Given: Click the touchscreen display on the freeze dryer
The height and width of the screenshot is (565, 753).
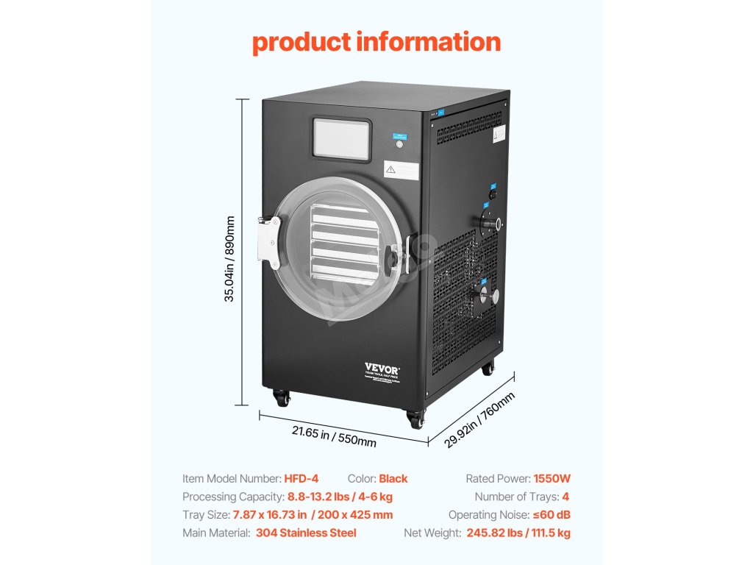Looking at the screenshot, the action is pyautogui.click(x=340, y=139).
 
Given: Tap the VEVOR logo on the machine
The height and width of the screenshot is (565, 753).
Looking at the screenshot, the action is pyautogui.click(x=380, y=368).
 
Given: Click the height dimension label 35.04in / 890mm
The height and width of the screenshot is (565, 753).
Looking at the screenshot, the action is pyautogui.click(x=230, y=259).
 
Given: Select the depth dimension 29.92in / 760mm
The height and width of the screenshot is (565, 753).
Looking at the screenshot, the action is pyautogui.click(x=479, y=420).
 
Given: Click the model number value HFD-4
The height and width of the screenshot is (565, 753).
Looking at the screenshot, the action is pyautogui.click(x=301, y=479).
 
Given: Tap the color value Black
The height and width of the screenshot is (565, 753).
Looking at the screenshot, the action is pyautogui.click(x=393, y=479).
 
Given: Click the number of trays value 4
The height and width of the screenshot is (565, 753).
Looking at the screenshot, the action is pyautogui.click(x=565, y=497).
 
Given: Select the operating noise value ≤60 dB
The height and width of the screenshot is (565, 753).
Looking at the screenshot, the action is pyautogui.click(x=552, y=515).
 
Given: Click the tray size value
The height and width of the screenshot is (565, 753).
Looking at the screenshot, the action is pyautogui.click(x=313, y=515).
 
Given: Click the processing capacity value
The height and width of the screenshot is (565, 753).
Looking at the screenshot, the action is pyautogui.click(x=340, y=497).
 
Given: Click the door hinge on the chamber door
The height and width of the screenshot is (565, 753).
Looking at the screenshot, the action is pyautogui.click(x=268, y=241).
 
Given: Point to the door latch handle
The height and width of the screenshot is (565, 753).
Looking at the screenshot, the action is pyautogui.click(x=397, y=255).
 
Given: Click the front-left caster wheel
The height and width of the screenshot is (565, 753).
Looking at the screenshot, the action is pyautogui.click(x=280, y=398).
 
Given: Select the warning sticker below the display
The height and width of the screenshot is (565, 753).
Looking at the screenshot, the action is pyautogui.click(x=402, y=170).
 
